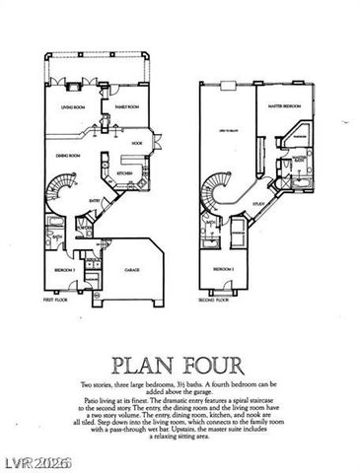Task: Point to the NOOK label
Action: pos(138,144)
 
